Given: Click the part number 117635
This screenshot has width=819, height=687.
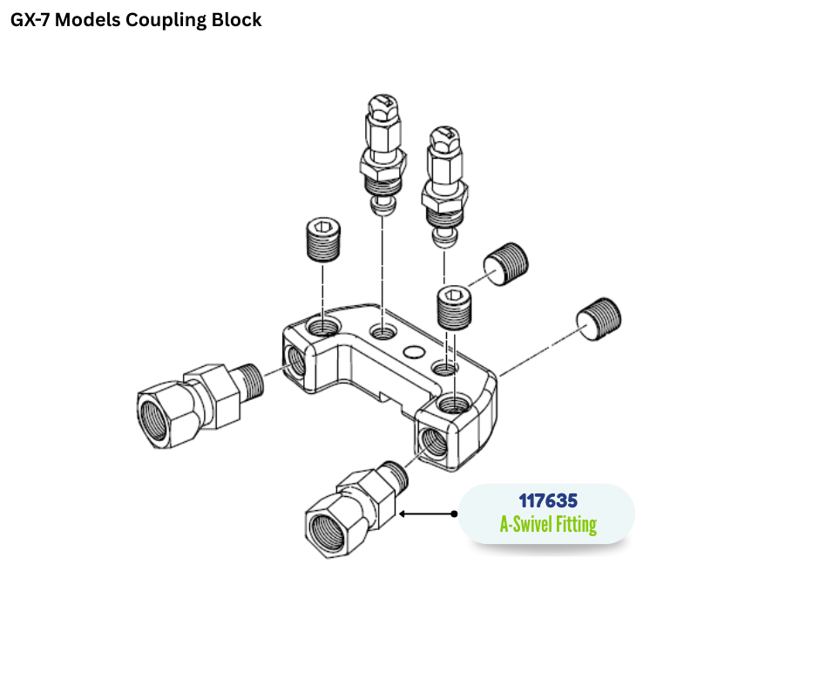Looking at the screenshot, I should tap(547, 501).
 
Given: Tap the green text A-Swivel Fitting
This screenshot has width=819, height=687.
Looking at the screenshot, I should tap(547, 524).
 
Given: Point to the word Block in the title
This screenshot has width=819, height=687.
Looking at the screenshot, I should tap(236, 19).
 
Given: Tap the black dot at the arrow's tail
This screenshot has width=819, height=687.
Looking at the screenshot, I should tap(454, 514).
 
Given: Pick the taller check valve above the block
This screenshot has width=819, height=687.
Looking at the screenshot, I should tap(382, 153).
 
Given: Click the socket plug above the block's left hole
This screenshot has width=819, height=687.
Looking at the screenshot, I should tap(324, 237).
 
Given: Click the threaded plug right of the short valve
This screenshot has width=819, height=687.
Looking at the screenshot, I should tap(506, 262).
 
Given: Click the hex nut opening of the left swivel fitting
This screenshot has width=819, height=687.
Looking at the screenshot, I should tap(155, 409).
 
